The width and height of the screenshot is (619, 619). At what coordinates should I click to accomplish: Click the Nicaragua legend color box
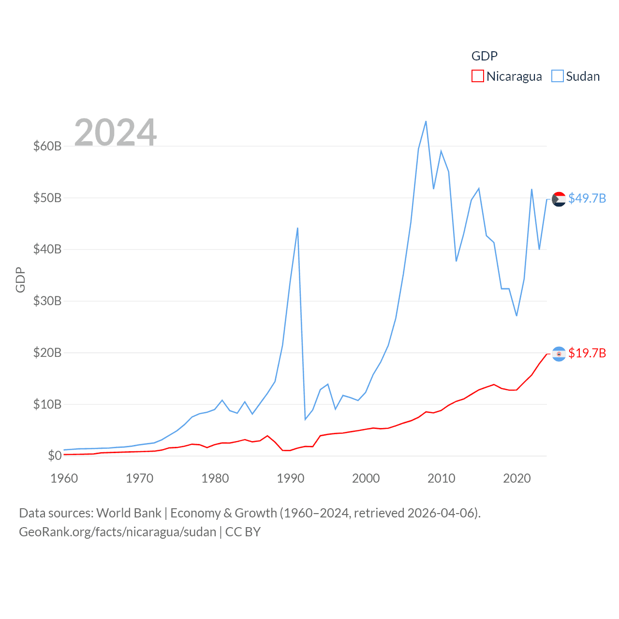pyautogui.click(x=477, y=76)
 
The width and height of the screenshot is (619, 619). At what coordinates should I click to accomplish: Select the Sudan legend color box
pyautogui.click(x=558, y=76)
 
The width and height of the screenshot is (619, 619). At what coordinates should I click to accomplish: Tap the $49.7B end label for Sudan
pyautogui.click(x=587, y=198)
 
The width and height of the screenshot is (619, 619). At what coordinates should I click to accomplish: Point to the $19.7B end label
pyautogui.click(x=587, y=353)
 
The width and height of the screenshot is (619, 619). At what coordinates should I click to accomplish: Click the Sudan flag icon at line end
pyautogui.click(x=559, y=199)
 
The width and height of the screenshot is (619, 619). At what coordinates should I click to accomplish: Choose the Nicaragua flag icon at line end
pyautogui.click(x=559, y=354)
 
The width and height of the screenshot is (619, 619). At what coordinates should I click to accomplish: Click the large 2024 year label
pyautogui.click(x=116, y=132)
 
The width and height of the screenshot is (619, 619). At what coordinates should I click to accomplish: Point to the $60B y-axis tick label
pyautogui.click(x=47, y=146)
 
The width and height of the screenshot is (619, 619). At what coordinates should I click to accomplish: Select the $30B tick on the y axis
pyautogui.click(x=47, y=301)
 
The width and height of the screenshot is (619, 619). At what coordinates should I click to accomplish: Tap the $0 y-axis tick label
pyautogui.click(x=55, y=456)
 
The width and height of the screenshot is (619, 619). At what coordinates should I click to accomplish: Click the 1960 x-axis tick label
pyautogui.click(x=64, y=478)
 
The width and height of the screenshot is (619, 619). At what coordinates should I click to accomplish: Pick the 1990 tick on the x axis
pyautogui.click(x=291, y=478)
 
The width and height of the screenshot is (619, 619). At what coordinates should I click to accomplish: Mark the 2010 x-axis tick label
pyautogui.click(x=442, y=478)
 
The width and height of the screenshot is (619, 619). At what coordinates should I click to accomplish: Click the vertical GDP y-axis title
pyautogui.click(x=20, y=280)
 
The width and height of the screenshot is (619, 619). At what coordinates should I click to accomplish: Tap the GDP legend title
pyautogui.click(x=485, y=56)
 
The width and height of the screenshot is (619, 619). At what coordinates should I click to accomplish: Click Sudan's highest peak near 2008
pyautogui.click(x=426, y=121)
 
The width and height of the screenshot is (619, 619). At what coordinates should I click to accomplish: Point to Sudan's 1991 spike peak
pyautogui.click(x=297, y=228)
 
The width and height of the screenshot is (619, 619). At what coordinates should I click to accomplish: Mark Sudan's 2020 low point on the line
pyautogui.click(x=516, y=316)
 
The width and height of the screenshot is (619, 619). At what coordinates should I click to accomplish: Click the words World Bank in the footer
pyautogui.click(x=129, y=513)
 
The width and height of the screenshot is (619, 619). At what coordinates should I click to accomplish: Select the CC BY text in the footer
pyautogui.click(x=243, y=532)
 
